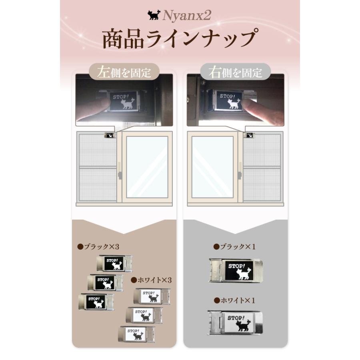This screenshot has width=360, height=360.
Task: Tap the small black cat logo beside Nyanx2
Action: (x=153, y=15)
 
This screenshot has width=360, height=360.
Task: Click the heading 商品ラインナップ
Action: (x=179, y=39)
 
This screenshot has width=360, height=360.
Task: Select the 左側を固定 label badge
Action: (x=124, y=72)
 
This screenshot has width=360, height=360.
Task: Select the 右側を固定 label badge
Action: (x=235, y=72)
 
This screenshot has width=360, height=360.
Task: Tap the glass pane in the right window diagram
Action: (x=212, y=167)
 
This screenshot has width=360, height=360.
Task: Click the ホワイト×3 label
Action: (x=152, y=280)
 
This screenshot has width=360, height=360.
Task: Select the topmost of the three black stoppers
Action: (x=114, y=264)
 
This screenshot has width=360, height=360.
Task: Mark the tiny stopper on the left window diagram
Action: (x=109, y=135)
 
